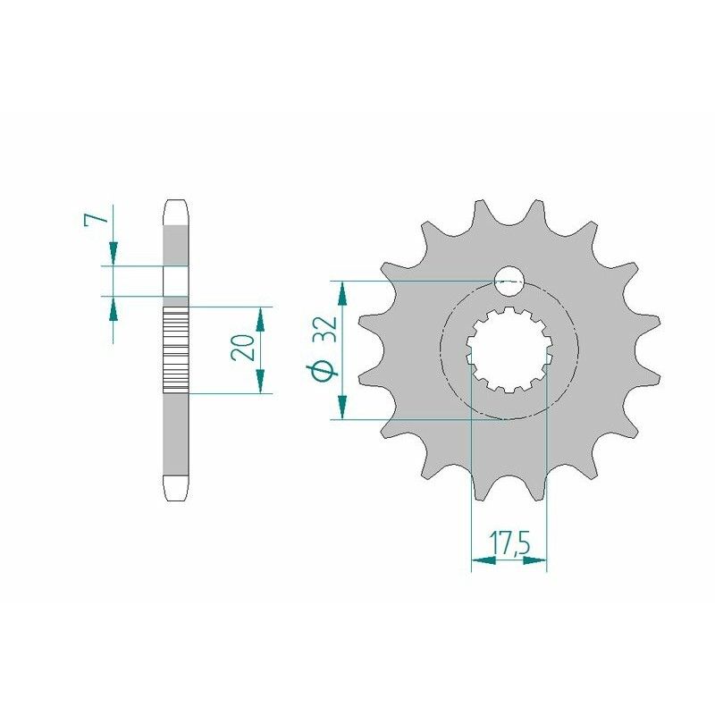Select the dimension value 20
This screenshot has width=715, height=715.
[240, 349]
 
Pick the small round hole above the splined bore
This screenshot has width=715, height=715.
[509, 282]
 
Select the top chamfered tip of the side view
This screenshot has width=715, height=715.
[176, 210]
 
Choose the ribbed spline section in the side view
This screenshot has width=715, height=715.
[176, 350]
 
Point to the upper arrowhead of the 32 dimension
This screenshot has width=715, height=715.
[340, 290]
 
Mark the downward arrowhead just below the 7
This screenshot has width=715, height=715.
[114, 255]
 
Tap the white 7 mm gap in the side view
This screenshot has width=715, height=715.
[176, 281]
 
